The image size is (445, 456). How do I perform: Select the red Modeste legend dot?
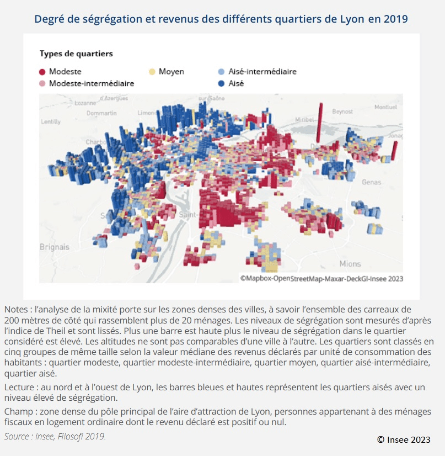coord(42,72)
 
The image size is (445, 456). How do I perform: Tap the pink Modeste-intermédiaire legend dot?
coord(42,83)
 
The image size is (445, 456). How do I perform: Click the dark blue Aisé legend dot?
coord(221,83)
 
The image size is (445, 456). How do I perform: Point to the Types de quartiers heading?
coord(76,54)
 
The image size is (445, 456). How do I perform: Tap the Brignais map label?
coord(55,247)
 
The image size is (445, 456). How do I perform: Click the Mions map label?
coord(350,263)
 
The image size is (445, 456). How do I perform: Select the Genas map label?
coord(371,182)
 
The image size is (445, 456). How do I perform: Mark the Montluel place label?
coord(385,107)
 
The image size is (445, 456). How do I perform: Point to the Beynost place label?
coord(342,112)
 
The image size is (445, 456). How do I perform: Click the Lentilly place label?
coord(51,121)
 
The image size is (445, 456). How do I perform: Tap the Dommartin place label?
coord(101,113)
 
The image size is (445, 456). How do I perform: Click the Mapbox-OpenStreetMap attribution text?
coord(321,279)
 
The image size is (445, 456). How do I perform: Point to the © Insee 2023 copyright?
coord(403,439)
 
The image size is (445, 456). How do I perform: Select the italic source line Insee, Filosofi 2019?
coord(55,436)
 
